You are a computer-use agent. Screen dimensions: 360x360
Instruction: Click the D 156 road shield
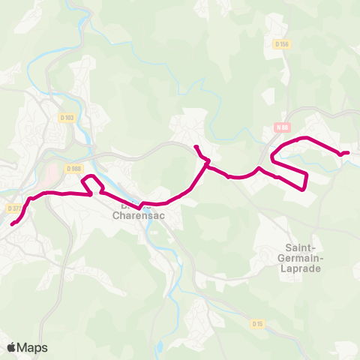[282, 44]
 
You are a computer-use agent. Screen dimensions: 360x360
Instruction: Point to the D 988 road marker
[73, 169]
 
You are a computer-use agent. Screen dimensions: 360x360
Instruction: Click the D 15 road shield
[257, 323]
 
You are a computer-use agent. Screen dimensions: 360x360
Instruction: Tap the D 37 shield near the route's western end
[13, 208]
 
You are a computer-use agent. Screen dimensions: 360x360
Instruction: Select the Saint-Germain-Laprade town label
[304, 257]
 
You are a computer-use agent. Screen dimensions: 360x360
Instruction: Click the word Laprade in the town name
[304, 268]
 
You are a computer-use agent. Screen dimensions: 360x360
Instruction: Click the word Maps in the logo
[33, 347]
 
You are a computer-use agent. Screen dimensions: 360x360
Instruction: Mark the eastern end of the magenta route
[348, 153]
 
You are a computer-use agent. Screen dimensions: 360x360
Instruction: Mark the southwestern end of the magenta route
[12, 223]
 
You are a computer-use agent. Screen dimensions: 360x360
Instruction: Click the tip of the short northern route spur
[196, 145]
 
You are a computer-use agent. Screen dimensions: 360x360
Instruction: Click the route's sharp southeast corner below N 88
[304, 188]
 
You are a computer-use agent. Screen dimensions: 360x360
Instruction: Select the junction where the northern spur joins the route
[207, 161]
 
